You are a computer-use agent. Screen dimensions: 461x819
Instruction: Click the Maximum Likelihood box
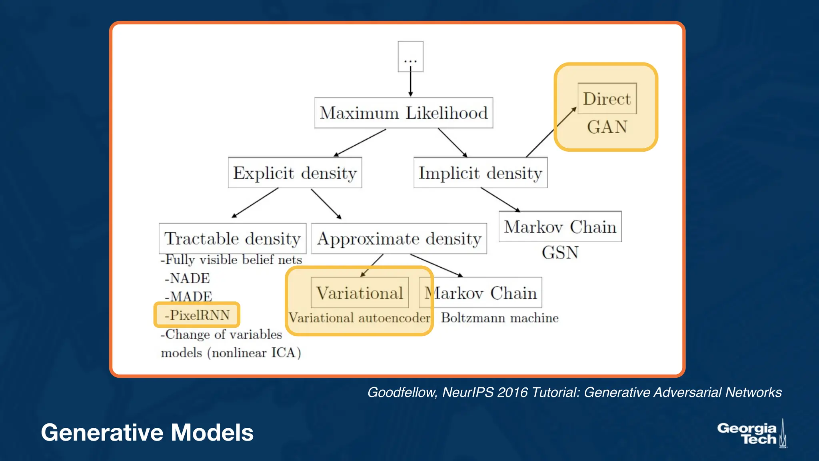point(404,113)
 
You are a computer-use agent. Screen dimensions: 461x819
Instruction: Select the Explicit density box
point(295,173)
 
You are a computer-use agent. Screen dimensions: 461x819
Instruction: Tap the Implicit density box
point(480,173)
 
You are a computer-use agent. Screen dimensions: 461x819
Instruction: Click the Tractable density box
point(232,239)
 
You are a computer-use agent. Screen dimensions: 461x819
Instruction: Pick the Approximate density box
point(399,239)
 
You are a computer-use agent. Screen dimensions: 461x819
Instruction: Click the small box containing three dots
point(410,56)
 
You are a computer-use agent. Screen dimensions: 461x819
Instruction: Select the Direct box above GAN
point(607,98)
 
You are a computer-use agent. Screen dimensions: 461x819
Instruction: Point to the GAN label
point(607,127)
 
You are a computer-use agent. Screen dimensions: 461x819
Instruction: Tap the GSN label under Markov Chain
point(560,253)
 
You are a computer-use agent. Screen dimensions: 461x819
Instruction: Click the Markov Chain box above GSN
point(560,226)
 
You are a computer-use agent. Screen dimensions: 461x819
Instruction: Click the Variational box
point(360,293)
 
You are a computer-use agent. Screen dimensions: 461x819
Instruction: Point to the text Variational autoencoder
point(359,318)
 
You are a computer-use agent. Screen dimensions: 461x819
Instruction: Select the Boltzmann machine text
point(499,318)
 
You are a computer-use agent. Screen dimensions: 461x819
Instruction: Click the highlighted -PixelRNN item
point(197,315)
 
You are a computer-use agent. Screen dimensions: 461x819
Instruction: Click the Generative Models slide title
point(147,433)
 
